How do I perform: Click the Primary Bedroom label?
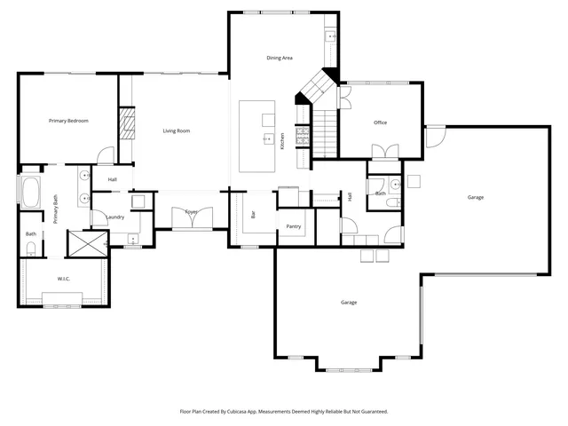(x=68, y=121)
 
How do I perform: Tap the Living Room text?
(x=177, y=131)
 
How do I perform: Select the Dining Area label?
(x=280, y=59)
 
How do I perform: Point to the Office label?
(x=380, y=122)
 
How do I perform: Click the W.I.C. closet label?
(x=64, y=280)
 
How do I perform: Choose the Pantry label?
(x=294, y=226)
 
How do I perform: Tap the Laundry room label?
(x=114, y=217)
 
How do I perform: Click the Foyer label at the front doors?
(x=192, y=212)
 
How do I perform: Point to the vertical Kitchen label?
(x=282, y=140)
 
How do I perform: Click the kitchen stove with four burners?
(x=302, y=135)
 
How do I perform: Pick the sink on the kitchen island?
(x=265, y=138)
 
